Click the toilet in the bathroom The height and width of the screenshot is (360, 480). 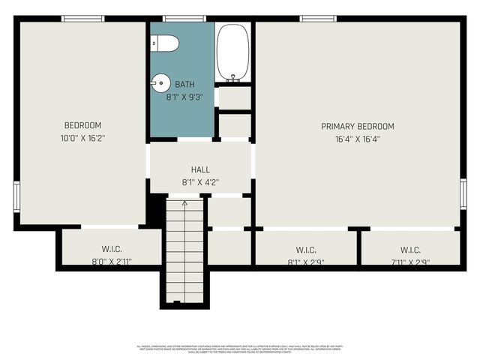(166, 43)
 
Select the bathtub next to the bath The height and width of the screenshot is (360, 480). (232, 52)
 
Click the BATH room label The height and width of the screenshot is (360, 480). (184, 84)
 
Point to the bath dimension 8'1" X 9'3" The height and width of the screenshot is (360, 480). (184, 96)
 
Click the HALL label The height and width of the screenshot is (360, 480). (200, 170)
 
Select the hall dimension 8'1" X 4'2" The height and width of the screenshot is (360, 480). (200, 182)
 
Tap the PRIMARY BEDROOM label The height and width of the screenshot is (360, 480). (358, 126)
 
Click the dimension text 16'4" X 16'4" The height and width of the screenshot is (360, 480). (358, 138)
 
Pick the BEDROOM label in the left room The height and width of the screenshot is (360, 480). (82, 125)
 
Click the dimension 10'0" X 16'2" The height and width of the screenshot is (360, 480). (82, 137)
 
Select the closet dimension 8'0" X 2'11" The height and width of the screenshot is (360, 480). (112, 261)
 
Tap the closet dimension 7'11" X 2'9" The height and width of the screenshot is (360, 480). (410, 262)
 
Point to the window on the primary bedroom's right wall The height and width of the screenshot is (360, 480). (463, 193)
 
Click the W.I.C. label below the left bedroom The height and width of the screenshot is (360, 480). (112, 249)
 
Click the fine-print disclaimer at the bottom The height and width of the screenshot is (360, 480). (240, 348)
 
